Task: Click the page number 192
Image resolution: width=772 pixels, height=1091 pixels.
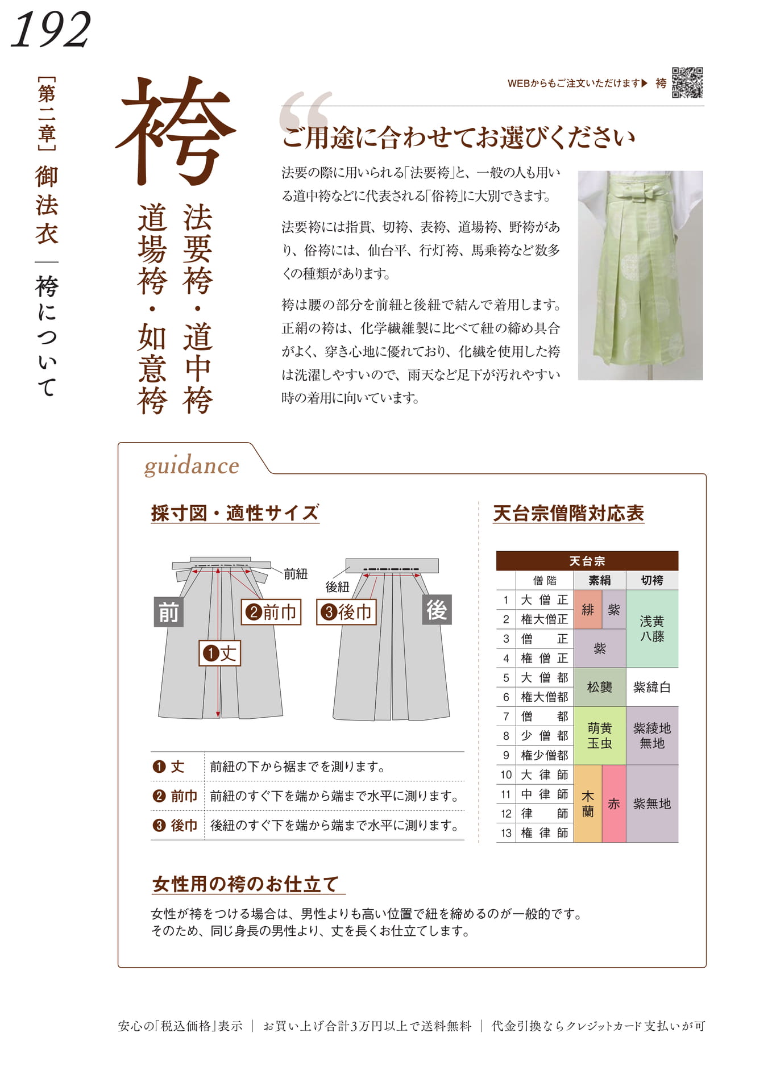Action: tap(51, 30)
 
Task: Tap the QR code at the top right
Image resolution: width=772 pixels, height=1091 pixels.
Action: tap(687, 83)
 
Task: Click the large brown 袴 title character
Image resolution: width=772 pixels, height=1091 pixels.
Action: tap(175, 132)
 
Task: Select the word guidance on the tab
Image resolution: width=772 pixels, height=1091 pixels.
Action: tap(192, 466)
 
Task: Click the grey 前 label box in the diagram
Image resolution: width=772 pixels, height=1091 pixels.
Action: tap(168, 612)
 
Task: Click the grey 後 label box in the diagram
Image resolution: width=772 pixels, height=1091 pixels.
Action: tap(437, 610)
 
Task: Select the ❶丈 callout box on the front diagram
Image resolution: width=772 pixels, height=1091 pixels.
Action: tap(220, 653)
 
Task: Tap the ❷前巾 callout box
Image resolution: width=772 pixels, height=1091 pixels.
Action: tap(271, 612)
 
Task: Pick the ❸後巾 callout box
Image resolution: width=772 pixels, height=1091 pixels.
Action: tap(346, 612)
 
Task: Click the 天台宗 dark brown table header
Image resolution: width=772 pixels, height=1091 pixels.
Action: tap(587, 561)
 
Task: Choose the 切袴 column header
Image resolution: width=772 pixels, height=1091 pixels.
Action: tap(652, 580)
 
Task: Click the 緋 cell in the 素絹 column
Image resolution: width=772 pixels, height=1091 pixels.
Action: tap(588, 610)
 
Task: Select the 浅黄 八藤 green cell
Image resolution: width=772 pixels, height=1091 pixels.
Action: tap(652, 629)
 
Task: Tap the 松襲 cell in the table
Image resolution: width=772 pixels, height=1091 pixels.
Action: tap(600, 687)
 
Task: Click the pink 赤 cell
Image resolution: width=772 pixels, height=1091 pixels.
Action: tap(614, 803)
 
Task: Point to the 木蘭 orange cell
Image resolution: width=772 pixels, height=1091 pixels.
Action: tap(588, 803)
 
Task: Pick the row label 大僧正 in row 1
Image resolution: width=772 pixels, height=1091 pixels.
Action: tap(545, 600)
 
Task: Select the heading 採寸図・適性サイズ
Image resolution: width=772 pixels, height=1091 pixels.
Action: tap(235, 513)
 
